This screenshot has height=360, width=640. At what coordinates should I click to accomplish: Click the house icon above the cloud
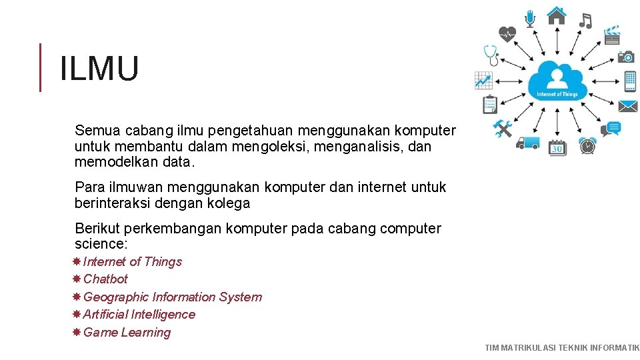[x=556, y=15]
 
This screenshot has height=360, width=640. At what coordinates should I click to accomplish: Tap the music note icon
[x=585, y=21]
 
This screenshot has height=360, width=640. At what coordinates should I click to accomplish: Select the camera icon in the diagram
[x=625, y=57]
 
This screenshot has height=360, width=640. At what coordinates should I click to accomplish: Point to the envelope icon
[x=627, y=106]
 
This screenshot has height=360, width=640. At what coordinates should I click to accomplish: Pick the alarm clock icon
[x=587, y=145]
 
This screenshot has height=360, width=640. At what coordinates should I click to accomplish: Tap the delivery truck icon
[x=527, y=143]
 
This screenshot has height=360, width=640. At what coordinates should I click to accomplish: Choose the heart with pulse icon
[x=508, y=33]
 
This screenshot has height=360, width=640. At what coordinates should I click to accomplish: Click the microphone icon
[x=530, y=18]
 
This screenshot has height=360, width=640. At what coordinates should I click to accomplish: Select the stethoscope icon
[x=491, y=55]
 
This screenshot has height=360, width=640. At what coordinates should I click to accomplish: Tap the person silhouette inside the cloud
[x=557, y=78]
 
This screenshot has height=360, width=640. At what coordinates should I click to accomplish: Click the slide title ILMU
[x=99, y=69]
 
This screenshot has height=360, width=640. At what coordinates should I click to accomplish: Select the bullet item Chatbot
[x=105, y=279]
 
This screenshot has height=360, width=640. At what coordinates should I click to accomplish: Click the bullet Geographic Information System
[x=172, y=297]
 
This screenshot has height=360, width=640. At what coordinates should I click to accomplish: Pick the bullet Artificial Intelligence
[x=139, y=315]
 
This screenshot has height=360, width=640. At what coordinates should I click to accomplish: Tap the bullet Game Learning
[x=127, y=333]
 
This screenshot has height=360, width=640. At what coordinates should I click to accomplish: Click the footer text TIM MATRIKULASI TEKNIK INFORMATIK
[x=562, y=347]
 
